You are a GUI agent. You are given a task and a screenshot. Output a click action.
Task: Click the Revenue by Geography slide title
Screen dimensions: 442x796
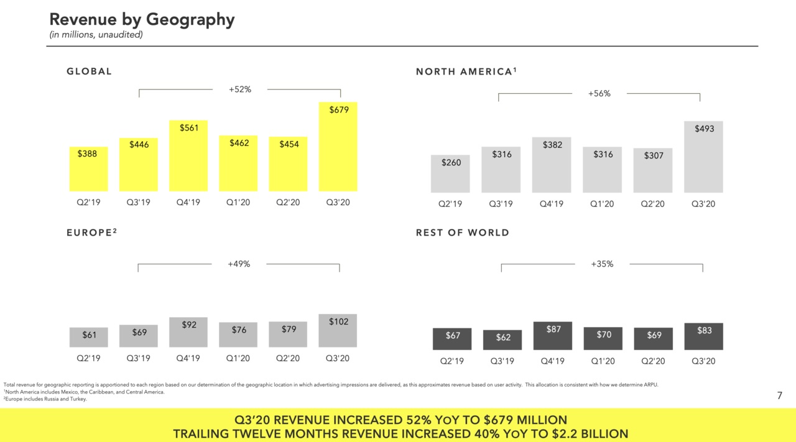coord(142,20)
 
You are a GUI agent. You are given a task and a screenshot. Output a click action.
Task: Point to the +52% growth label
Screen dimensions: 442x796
coord(239,90)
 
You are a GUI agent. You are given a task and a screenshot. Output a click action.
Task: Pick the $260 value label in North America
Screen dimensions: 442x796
coord(451,162)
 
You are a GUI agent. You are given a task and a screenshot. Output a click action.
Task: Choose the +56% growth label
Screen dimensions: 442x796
coord(599,94)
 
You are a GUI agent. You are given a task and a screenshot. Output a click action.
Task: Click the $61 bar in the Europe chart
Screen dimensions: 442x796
coord(89,337)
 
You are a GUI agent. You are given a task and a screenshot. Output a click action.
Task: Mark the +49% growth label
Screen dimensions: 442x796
coord(239,264)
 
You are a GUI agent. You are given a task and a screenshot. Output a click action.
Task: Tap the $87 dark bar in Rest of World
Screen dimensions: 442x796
coord(553,336)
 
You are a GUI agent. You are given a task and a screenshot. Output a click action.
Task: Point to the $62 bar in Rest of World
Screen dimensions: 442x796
coord(503,339)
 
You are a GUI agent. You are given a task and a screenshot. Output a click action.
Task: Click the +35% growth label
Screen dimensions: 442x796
coord(602,264)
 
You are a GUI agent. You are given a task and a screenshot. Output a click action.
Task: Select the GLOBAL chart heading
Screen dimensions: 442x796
coord(90,71)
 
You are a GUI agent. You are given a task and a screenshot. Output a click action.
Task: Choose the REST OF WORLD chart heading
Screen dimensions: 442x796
coord(463,233)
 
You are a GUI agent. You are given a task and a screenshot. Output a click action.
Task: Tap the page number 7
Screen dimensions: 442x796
coord(779,395)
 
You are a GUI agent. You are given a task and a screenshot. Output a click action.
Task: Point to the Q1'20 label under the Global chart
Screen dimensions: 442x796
coord(239,203)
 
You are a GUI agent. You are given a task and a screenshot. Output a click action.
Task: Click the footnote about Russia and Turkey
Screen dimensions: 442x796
coord(45,399)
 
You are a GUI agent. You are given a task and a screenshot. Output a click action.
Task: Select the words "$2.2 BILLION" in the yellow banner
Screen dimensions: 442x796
coord(588,433)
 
